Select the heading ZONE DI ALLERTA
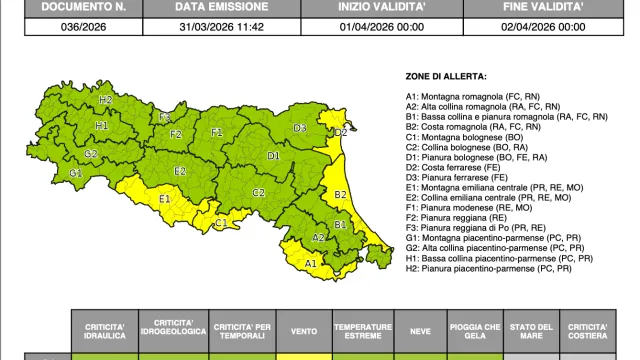point(447,77)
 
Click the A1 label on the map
point(310,263)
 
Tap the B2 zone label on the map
point(340,194)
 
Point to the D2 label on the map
point(341,131)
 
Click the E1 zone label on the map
point(165,199)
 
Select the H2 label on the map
point(106,100)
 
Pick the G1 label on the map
point(75,172)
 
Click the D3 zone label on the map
point(300,128)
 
